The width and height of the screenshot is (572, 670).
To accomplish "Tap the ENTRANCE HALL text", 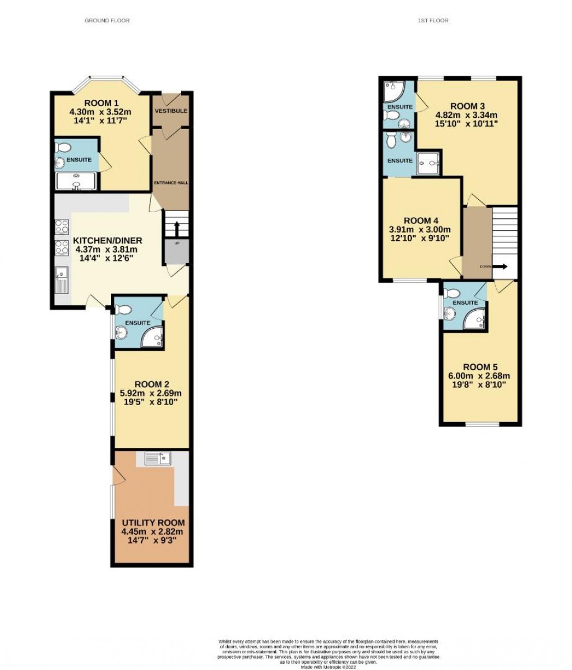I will (x=170, y=183).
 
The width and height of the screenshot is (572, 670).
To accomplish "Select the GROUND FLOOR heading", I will (x=107, y=21).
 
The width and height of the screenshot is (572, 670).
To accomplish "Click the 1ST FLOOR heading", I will (x=433, y=21).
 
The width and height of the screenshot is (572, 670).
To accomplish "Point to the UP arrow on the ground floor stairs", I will (x=177, y=227).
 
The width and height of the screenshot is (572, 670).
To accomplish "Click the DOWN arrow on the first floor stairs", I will (x=500, y=267).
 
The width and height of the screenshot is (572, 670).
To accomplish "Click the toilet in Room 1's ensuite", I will (x=63, y=148).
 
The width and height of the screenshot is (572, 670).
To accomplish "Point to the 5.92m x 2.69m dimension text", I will (x=148, y=393).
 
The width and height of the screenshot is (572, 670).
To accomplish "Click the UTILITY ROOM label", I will (x=153, y=522).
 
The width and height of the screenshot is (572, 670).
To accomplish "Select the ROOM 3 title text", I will (x=467, y=106).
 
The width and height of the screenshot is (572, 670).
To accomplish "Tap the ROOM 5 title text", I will (x=483, y=366).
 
